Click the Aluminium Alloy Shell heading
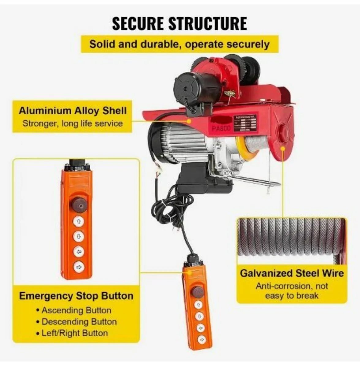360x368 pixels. (73, 111)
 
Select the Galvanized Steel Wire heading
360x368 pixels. (292, 273)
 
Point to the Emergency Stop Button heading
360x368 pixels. (76, 296)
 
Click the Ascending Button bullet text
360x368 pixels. (76, 310)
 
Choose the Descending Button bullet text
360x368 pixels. (79, 322)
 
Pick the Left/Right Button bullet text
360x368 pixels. (74, 333)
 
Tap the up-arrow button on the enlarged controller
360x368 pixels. (79, 221)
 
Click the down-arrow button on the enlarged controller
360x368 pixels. (79, 236)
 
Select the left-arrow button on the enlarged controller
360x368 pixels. (79, 251)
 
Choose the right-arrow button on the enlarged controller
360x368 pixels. (79, 266)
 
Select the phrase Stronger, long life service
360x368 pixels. (73, 124)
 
